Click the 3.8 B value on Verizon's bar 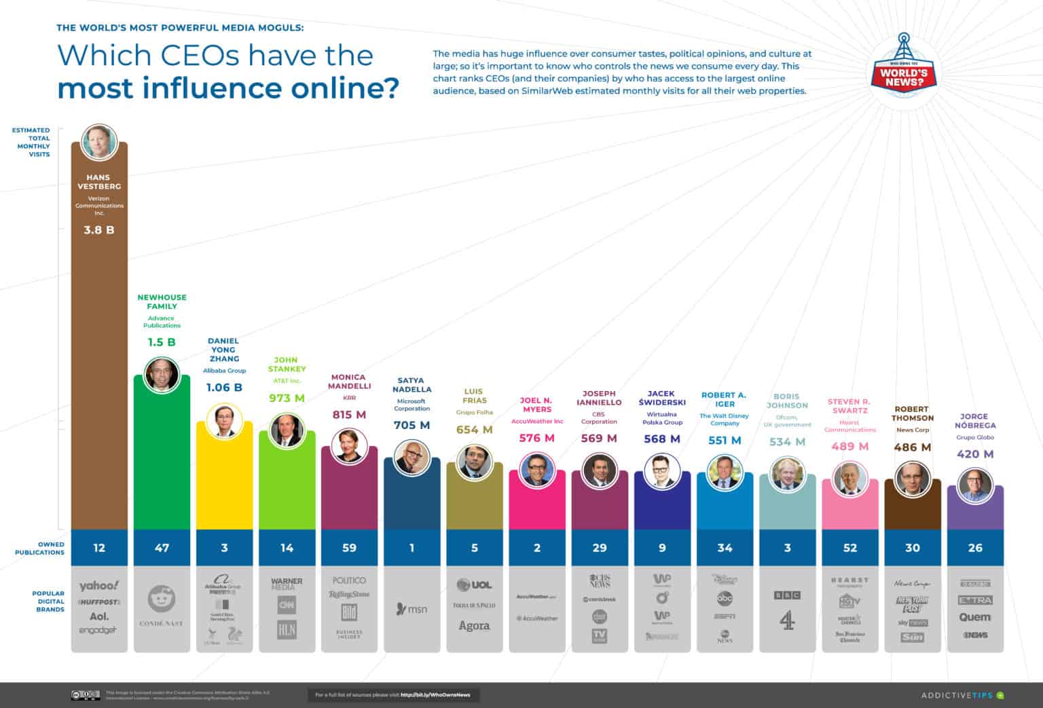[99, 230]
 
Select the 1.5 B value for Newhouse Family [162, 342]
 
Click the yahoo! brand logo [99, 586]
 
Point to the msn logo [411, 609]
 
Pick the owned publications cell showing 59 [349, 548]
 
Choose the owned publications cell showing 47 [162, 548]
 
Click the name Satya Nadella [411, 385]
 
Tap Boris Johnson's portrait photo [787, 474]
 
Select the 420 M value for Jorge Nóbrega [974, 454]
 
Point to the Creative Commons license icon [86, 695]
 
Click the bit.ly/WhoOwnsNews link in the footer [439, 695]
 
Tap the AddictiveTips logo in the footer [962, 695]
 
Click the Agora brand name [474, 626]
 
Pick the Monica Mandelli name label [349, 381]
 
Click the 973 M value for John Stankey [287, 398]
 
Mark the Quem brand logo [974, 617]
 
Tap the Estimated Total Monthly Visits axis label [31, 142]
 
